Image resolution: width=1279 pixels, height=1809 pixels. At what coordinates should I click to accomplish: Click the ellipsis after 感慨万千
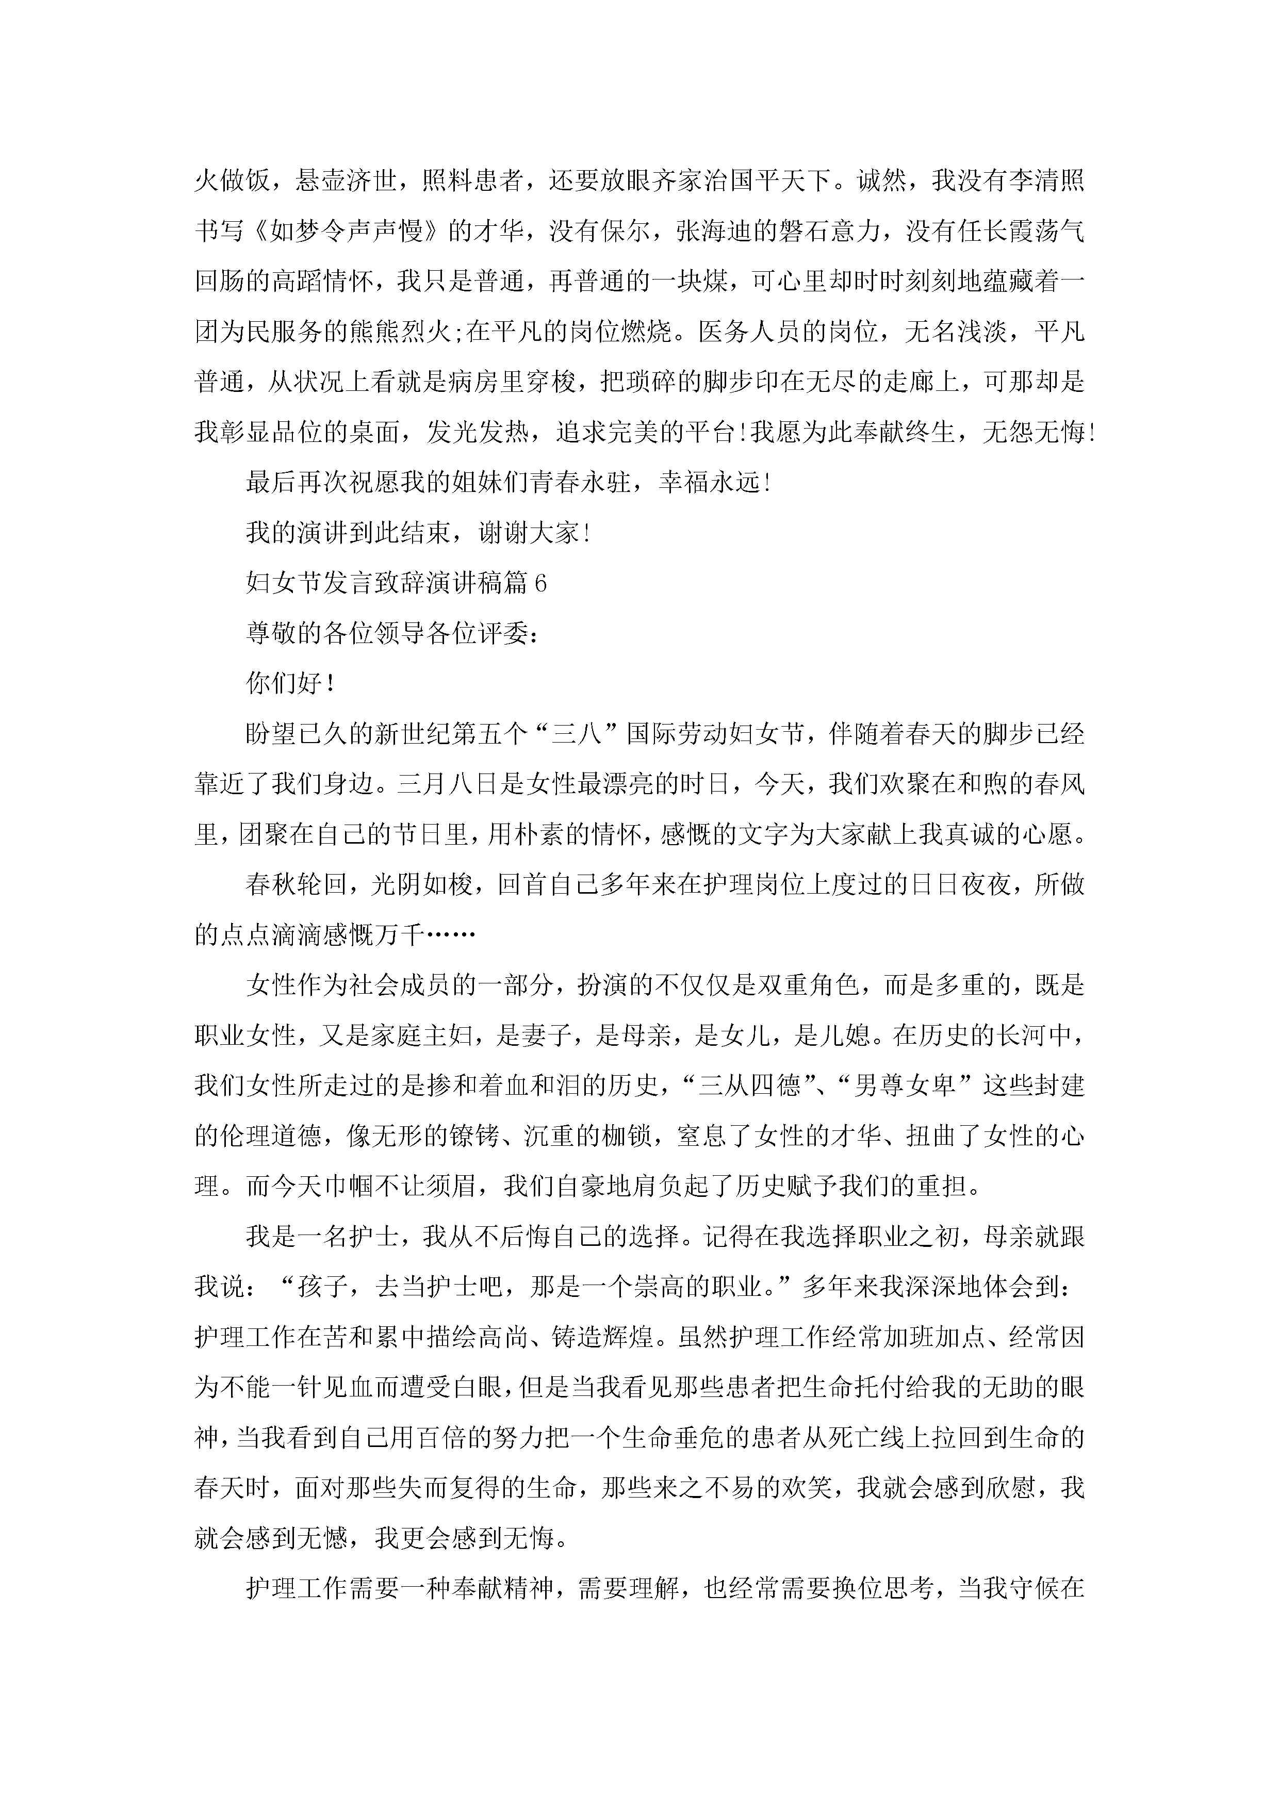pos(450,935)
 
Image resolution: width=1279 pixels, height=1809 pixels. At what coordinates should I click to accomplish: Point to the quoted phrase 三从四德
pos(751,1087)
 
